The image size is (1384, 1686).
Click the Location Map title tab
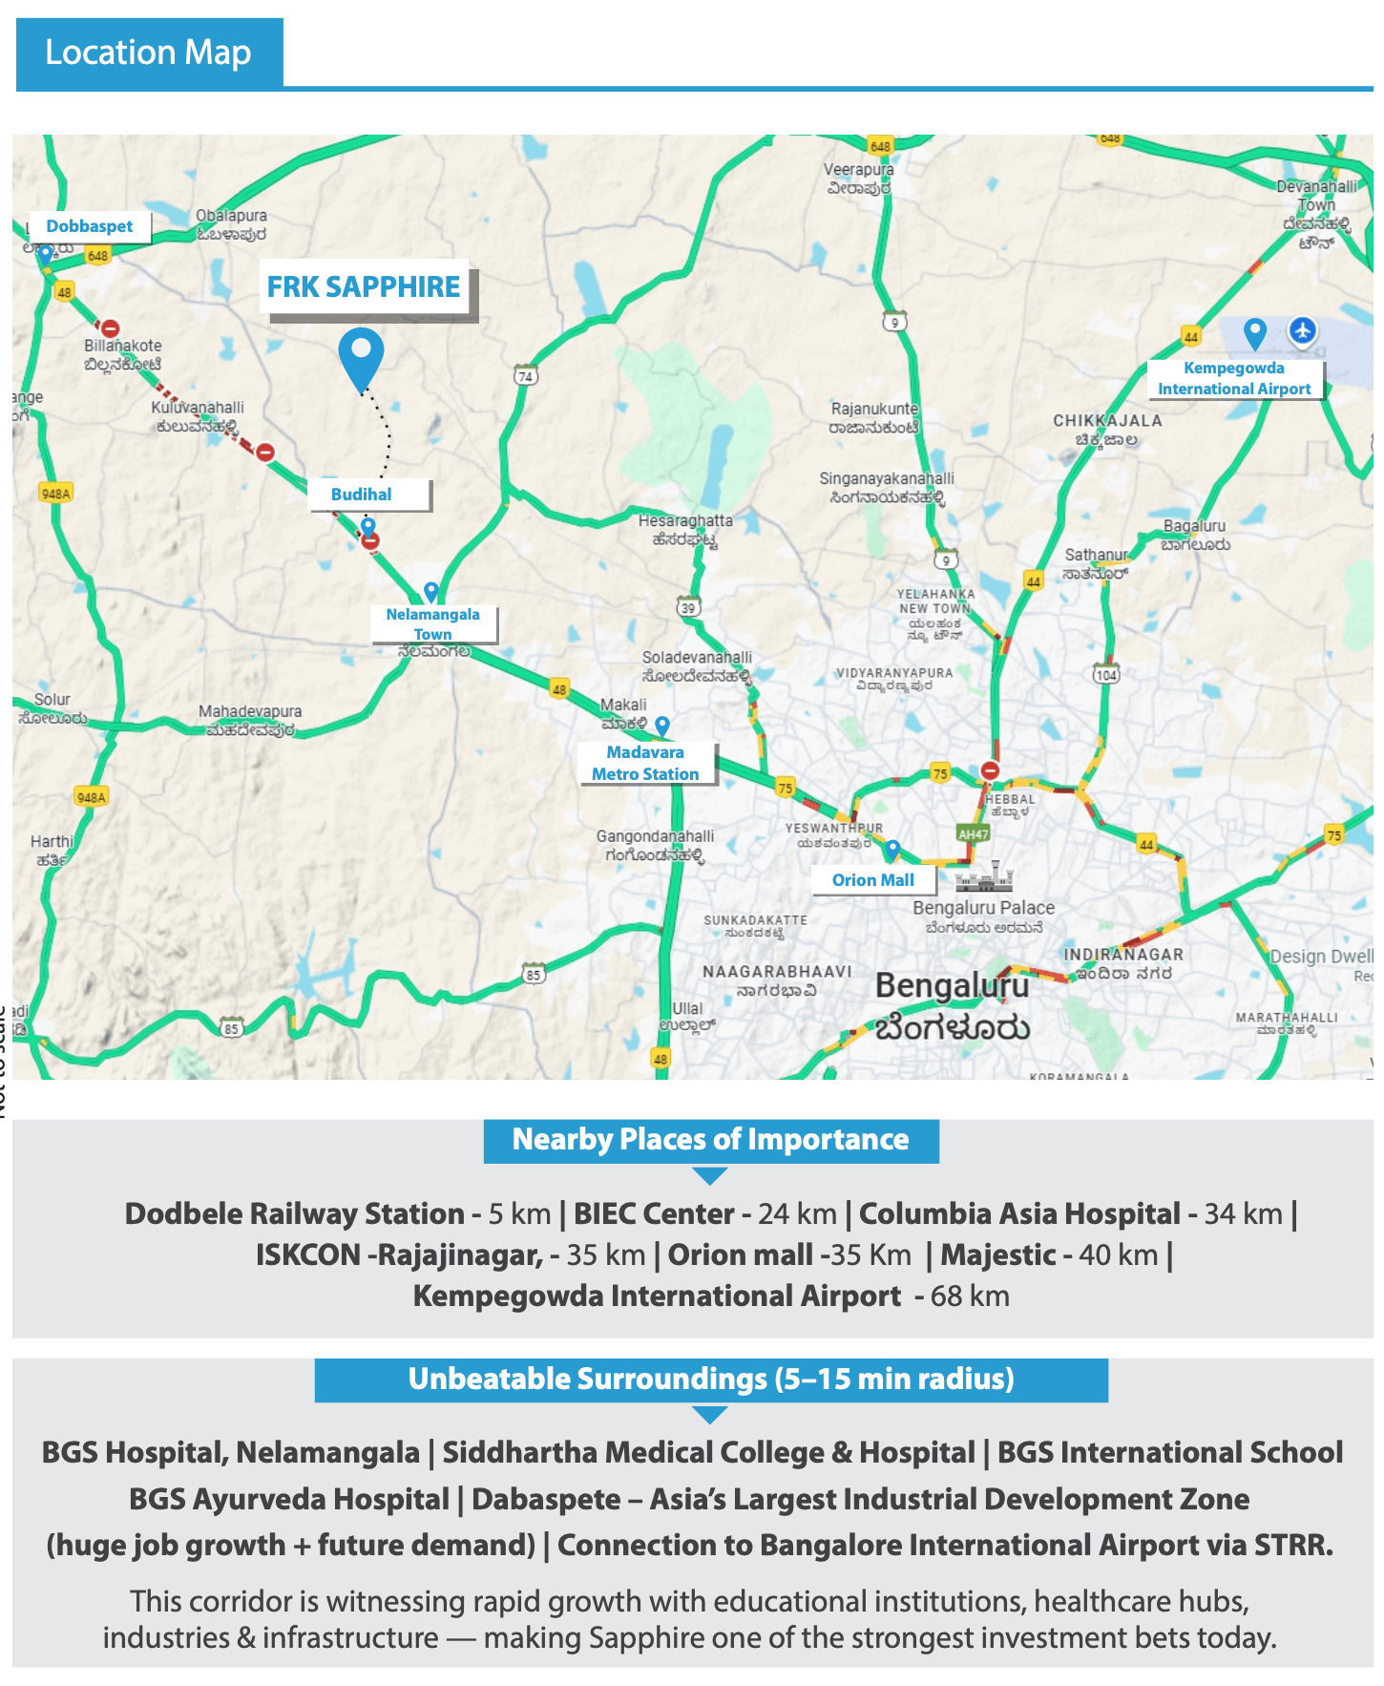(149, 53)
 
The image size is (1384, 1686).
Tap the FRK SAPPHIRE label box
(364, 286)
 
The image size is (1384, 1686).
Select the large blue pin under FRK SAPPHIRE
(361, 355)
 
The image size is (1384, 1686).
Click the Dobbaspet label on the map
(90, 226)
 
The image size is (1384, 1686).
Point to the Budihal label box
(362, 495)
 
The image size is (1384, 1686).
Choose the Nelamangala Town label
(433, 623)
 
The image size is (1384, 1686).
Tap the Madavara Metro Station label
(645, 763)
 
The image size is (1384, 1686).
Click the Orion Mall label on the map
(872, 880)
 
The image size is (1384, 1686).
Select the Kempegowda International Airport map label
(1234, 378)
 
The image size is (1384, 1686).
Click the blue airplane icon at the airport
(1302, 331)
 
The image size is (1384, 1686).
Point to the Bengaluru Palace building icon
(984, 876)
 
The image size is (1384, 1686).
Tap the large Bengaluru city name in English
(952, 986)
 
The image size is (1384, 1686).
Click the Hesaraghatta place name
(685, 520)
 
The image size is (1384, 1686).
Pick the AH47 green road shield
(973, 833)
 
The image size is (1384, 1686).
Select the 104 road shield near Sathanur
(1105, 675)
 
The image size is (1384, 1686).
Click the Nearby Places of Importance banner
(711, 1140)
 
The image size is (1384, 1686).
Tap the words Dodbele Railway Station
(295, 1213)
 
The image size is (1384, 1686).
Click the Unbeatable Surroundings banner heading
(711, 1379)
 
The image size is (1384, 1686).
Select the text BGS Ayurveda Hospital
(289, 1499)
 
